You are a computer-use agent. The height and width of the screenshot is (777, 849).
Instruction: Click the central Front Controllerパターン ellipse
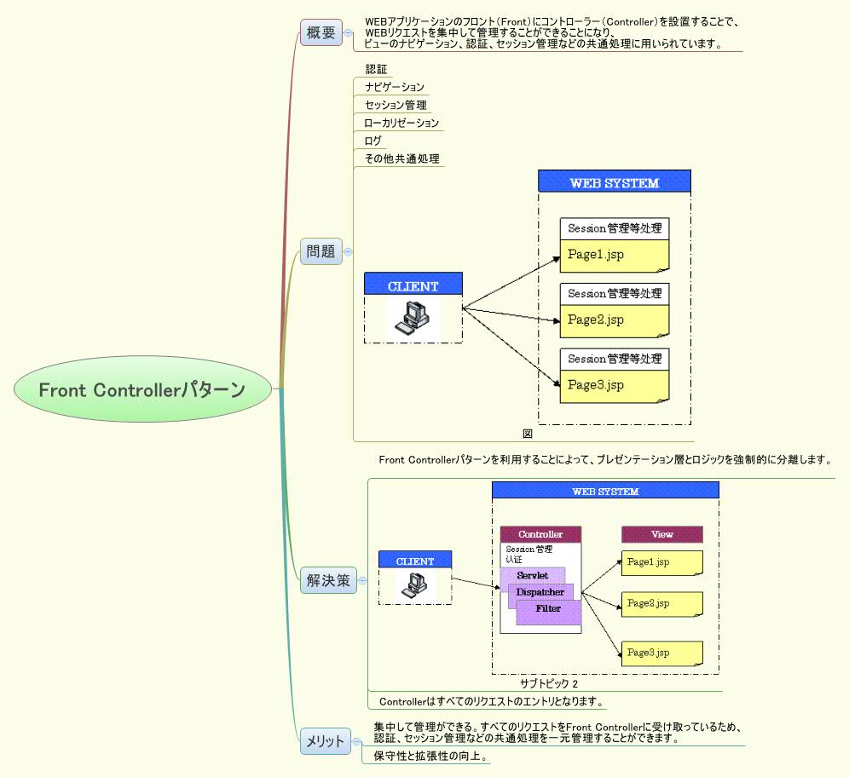(142, 390)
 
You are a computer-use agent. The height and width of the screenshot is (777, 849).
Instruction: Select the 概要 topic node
(321, 33)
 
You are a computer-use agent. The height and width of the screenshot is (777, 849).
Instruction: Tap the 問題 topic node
(321, 251)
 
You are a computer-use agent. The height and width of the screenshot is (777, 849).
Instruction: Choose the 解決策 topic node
(327, 581)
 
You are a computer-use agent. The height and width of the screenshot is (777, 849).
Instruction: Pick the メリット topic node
(325, 741)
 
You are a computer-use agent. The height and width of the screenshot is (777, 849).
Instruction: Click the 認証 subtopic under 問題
(377, 69)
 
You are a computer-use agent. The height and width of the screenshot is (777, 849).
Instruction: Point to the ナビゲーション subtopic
(394, 87)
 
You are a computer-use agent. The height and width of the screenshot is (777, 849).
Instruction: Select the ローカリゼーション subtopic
(401, 123)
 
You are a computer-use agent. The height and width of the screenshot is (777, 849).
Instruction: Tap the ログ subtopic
(373, 141)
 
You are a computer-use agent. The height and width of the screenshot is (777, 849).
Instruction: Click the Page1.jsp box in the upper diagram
(614, 255)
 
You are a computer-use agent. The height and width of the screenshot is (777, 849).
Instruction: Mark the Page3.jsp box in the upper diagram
(614, 386)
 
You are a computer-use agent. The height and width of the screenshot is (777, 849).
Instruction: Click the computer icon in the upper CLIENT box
(413, 317)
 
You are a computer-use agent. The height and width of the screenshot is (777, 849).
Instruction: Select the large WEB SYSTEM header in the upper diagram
(614, 182)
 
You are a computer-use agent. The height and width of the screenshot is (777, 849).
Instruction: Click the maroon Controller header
(540, 534)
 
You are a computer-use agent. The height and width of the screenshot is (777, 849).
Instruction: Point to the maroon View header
(661, 534)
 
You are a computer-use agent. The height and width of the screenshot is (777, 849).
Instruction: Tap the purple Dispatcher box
(540, 592)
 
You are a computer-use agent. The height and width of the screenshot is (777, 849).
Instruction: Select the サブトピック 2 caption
(549, 683)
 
